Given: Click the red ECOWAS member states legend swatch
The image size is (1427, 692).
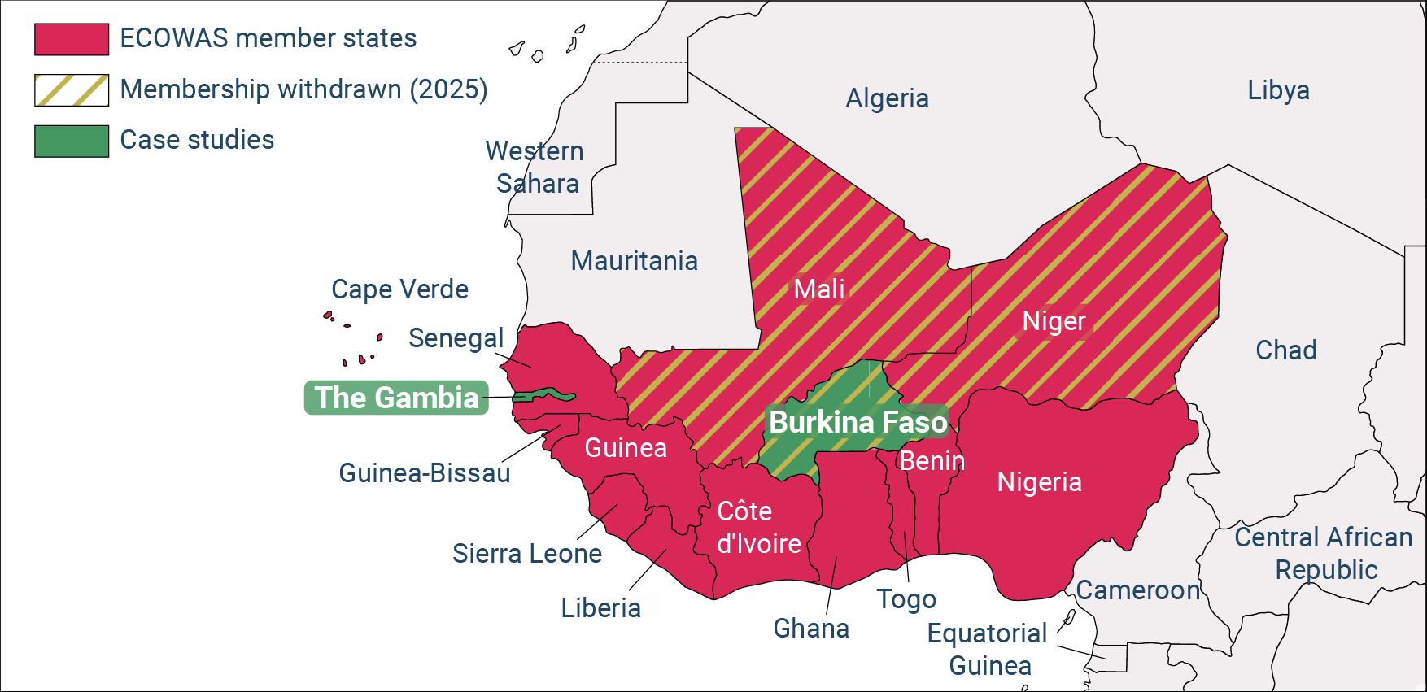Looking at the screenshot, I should [x=72, y=39].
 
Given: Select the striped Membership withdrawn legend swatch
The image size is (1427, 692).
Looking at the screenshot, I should [x=72, y=90].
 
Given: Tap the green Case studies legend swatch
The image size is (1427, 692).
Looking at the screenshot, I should [x=72, y=141].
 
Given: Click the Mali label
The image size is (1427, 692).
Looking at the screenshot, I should [x=818, y=289].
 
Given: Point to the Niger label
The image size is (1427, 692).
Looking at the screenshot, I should [x=1054, y=321].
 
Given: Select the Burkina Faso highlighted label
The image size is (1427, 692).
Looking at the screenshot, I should [x=858, y=422].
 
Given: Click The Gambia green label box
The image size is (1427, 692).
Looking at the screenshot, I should [x=396, y=398].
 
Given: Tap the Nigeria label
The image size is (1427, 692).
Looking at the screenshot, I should [x=1039, y=482].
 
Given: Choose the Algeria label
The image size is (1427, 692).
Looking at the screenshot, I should [x=887, y=98].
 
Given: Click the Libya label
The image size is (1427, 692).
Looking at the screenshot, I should [x=1278, y=90].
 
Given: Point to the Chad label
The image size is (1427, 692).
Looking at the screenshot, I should [x=1285, y=350].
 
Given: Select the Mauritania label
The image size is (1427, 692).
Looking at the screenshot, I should [x=634, y=261].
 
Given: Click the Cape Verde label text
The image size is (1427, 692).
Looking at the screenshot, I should [x=399, y=289].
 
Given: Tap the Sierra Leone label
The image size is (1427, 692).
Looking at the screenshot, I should [x=527, y=554].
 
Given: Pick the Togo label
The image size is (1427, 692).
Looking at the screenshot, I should [x=906, y=599].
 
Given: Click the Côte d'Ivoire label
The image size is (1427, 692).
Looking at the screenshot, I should [x=758, y=528].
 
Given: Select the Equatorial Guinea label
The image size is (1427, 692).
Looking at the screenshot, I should [x=988, y=649].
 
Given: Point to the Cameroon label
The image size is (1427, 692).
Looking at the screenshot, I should [x=1137, y=590].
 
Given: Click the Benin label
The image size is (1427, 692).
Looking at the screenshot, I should [x=932, y=461].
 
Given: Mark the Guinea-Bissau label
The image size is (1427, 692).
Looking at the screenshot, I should [x=424, y=473].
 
